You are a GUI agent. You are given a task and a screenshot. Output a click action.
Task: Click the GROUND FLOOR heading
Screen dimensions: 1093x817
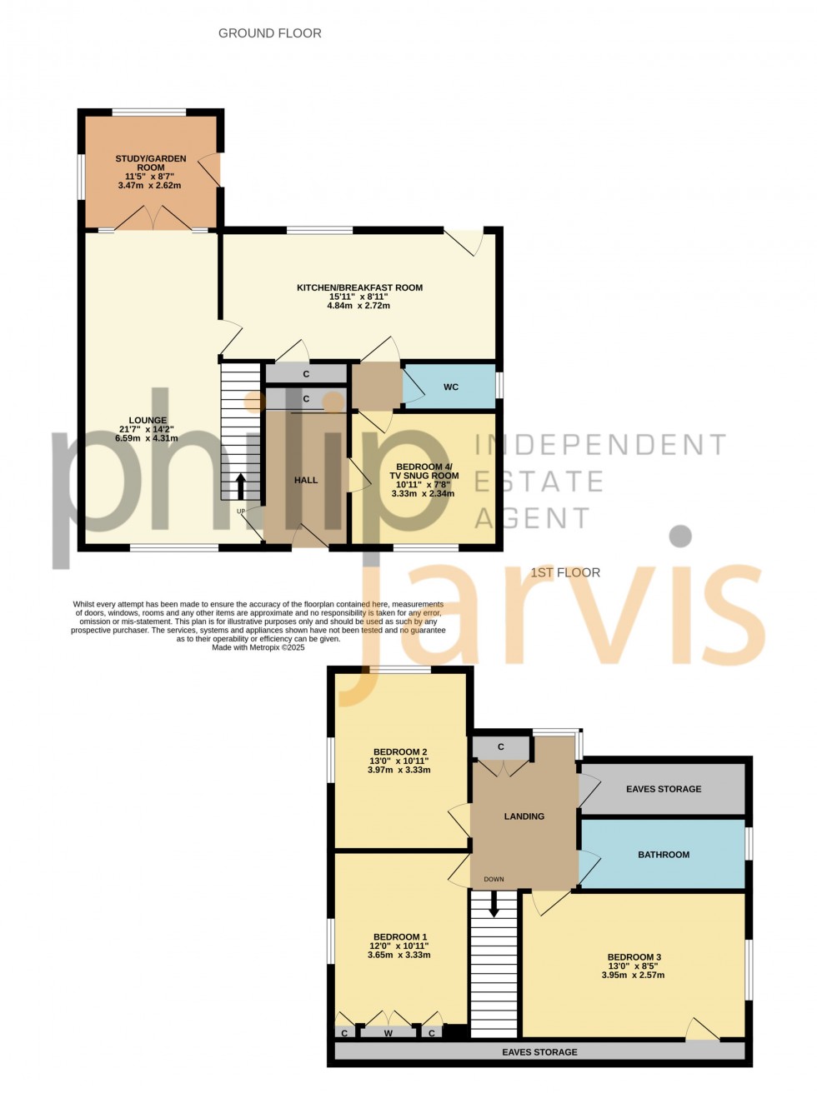269,33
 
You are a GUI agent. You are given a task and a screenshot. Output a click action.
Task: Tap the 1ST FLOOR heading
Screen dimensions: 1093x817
565,572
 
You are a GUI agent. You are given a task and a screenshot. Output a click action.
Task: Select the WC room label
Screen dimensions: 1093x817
451,387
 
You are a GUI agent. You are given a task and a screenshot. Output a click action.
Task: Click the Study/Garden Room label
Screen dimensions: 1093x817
151,162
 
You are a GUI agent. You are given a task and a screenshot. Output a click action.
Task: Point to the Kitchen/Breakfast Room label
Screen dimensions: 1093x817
359,288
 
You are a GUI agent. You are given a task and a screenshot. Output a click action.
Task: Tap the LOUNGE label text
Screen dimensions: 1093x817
148,421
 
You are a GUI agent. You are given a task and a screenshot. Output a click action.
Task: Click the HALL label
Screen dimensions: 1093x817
306,480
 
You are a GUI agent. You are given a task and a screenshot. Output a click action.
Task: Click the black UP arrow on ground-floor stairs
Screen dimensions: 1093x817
242,484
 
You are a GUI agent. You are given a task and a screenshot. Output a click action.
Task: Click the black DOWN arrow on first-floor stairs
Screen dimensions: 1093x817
494,905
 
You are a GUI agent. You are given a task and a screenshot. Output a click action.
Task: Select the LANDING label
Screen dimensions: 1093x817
524,816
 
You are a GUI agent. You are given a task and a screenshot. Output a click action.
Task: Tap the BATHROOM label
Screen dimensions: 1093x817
664,855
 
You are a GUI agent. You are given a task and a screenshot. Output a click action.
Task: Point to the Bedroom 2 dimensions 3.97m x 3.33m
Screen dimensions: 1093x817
399,770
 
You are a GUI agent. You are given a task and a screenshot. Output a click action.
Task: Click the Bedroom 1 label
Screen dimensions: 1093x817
400,937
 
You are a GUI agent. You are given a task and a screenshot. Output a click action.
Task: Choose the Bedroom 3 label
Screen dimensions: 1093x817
634,957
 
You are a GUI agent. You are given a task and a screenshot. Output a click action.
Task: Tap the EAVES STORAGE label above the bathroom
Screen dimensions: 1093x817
664,789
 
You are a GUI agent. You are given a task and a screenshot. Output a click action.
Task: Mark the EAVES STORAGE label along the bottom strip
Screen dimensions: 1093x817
539,1052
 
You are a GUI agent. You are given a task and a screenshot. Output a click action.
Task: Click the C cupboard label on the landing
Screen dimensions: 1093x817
501,747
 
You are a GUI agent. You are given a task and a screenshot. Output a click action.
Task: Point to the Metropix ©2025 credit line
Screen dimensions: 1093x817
258,647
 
